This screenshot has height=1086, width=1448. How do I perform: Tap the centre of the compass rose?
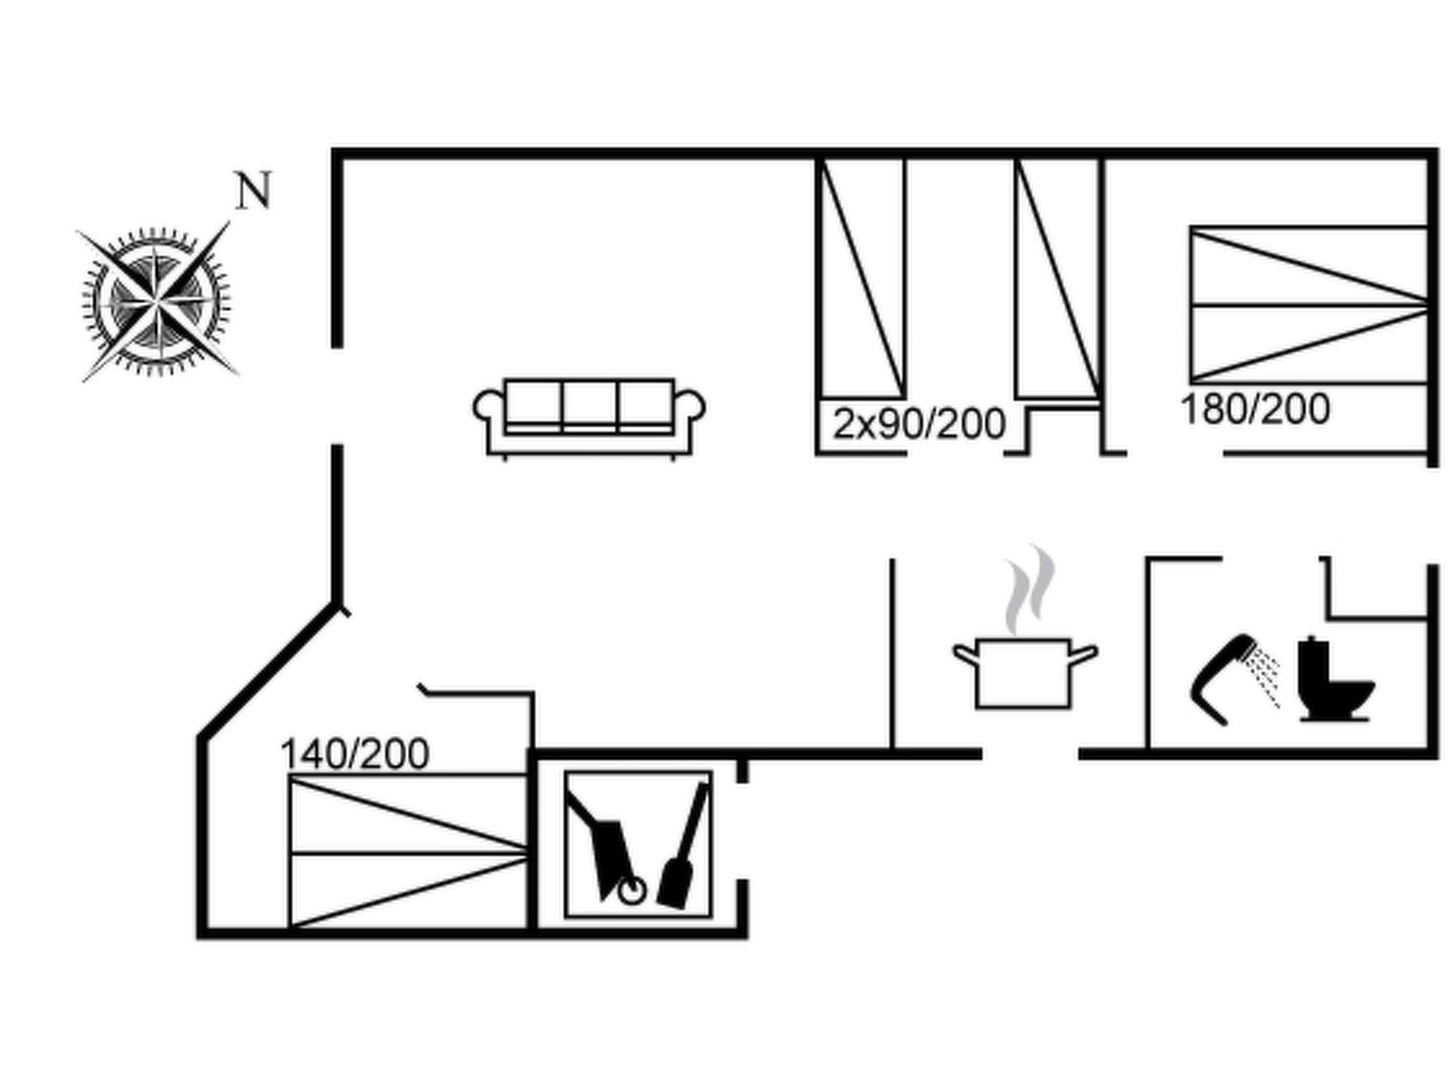coord(157,302)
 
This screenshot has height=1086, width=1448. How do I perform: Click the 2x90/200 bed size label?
coord(919,424)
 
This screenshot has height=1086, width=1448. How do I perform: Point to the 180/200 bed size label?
coord(1256,409)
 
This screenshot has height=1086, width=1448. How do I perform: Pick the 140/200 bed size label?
coord(355,754)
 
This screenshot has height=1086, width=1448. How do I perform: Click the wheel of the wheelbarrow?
coord(631,892)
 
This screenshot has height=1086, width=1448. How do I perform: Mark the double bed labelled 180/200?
coord(1309,305)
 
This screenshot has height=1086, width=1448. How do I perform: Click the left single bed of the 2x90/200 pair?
coord(862,278)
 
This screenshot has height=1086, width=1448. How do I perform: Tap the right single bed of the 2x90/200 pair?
coord(1058,278)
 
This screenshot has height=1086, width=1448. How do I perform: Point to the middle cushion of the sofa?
coord(590,405)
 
